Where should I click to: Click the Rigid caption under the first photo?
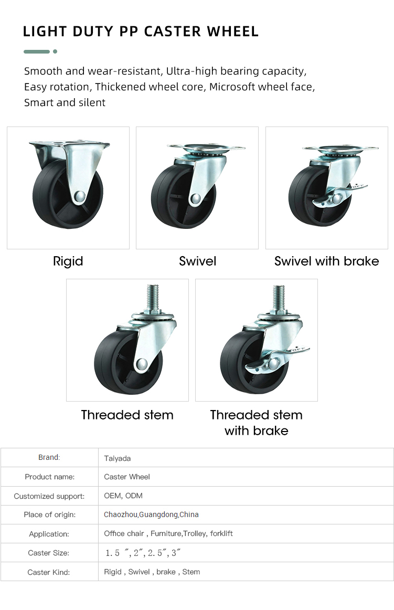(68, 261)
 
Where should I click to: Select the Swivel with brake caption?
(327, 261)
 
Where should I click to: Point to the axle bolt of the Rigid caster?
(80, 196)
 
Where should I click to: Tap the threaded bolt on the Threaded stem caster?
(153, 297)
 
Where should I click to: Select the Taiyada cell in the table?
(118, 458)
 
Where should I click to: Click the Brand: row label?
(49, 458)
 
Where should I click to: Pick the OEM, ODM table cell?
(123, 496)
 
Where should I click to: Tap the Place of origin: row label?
(50, 515)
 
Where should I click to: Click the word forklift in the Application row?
(221, 534)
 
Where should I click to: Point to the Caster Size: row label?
(49, 553)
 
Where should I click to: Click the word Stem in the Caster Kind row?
(191, 572)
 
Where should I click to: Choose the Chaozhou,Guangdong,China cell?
(151, 514)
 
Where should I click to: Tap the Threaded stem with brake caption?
(257, 423)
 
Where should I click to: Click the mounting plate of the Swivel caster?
(206, 148)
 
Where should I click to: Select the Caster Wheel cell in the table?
(127, 477)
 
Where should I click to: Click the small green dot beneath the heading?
(55, 51)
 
